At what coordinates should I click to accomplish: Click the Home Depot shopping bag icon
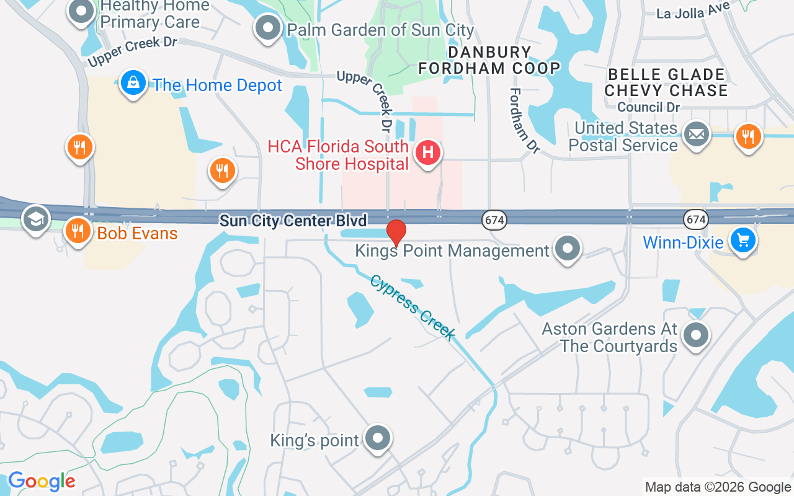[x=133, y=83]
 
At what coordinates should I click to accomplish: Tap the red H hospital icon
[x=427, y=153]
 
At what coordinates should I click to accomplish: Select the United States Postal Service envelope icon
[x=696, y=135]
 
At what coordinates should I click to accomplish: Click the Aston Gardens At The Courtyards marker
[x=695, y=335]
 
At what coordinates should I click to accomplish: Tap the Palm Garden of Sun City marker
[x=268, y=28]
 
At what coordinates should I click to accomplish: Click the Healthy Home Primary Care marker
[x=81, y=11]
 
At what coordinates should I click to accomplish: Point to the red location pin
[x=396, y=233]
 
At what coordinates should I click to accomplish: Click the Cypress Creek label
[x=413, y=308]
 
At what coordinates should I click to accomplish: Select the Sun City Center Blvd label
[x=293, y=220]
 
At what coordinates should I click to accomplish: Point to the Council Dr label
[x=649, y=107]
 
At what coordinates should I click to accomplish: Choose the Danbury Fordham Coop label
[x=489, y=60]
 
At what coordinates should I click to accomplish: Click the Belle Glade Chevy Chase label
[x=666, y=82]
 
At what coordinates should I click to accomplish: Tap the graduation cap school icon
[x=36, y=219]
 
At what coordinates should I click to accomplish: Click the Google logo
[x=42, y=481]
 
